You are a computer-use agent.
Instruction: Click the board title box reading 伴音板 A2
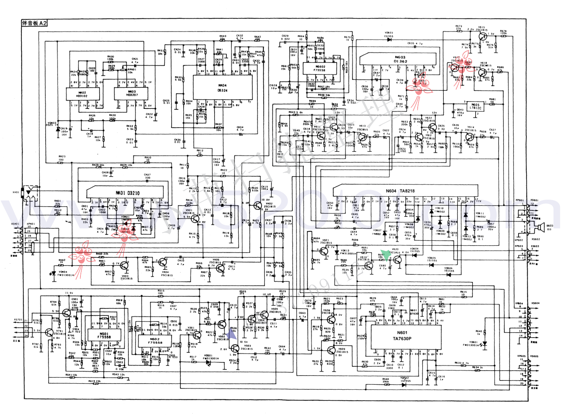coord(34,23)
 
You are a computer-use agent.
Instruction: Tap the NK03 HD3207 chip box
coord(131,94)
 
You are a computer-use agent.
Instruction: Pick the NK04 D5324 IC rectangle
coord(222,88)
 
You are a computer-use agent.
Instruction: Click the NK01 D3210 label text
coord(128,193)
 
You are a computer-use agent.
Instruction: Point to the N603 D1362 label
coord(400,59)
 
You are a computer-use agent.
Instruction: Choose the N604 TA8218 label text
coord(400,191)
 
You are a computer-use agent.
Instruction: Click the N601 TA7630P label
coord(402,336)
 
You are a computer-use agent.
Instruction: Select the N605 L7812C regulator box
coord(475,106)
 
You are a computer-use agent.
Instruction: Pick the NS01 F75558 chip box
coord(104,335)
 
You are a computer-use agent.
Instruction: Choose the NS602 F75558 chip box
coord(319,68)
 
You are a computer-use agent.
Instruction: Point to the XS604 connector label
coord(535,303)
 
